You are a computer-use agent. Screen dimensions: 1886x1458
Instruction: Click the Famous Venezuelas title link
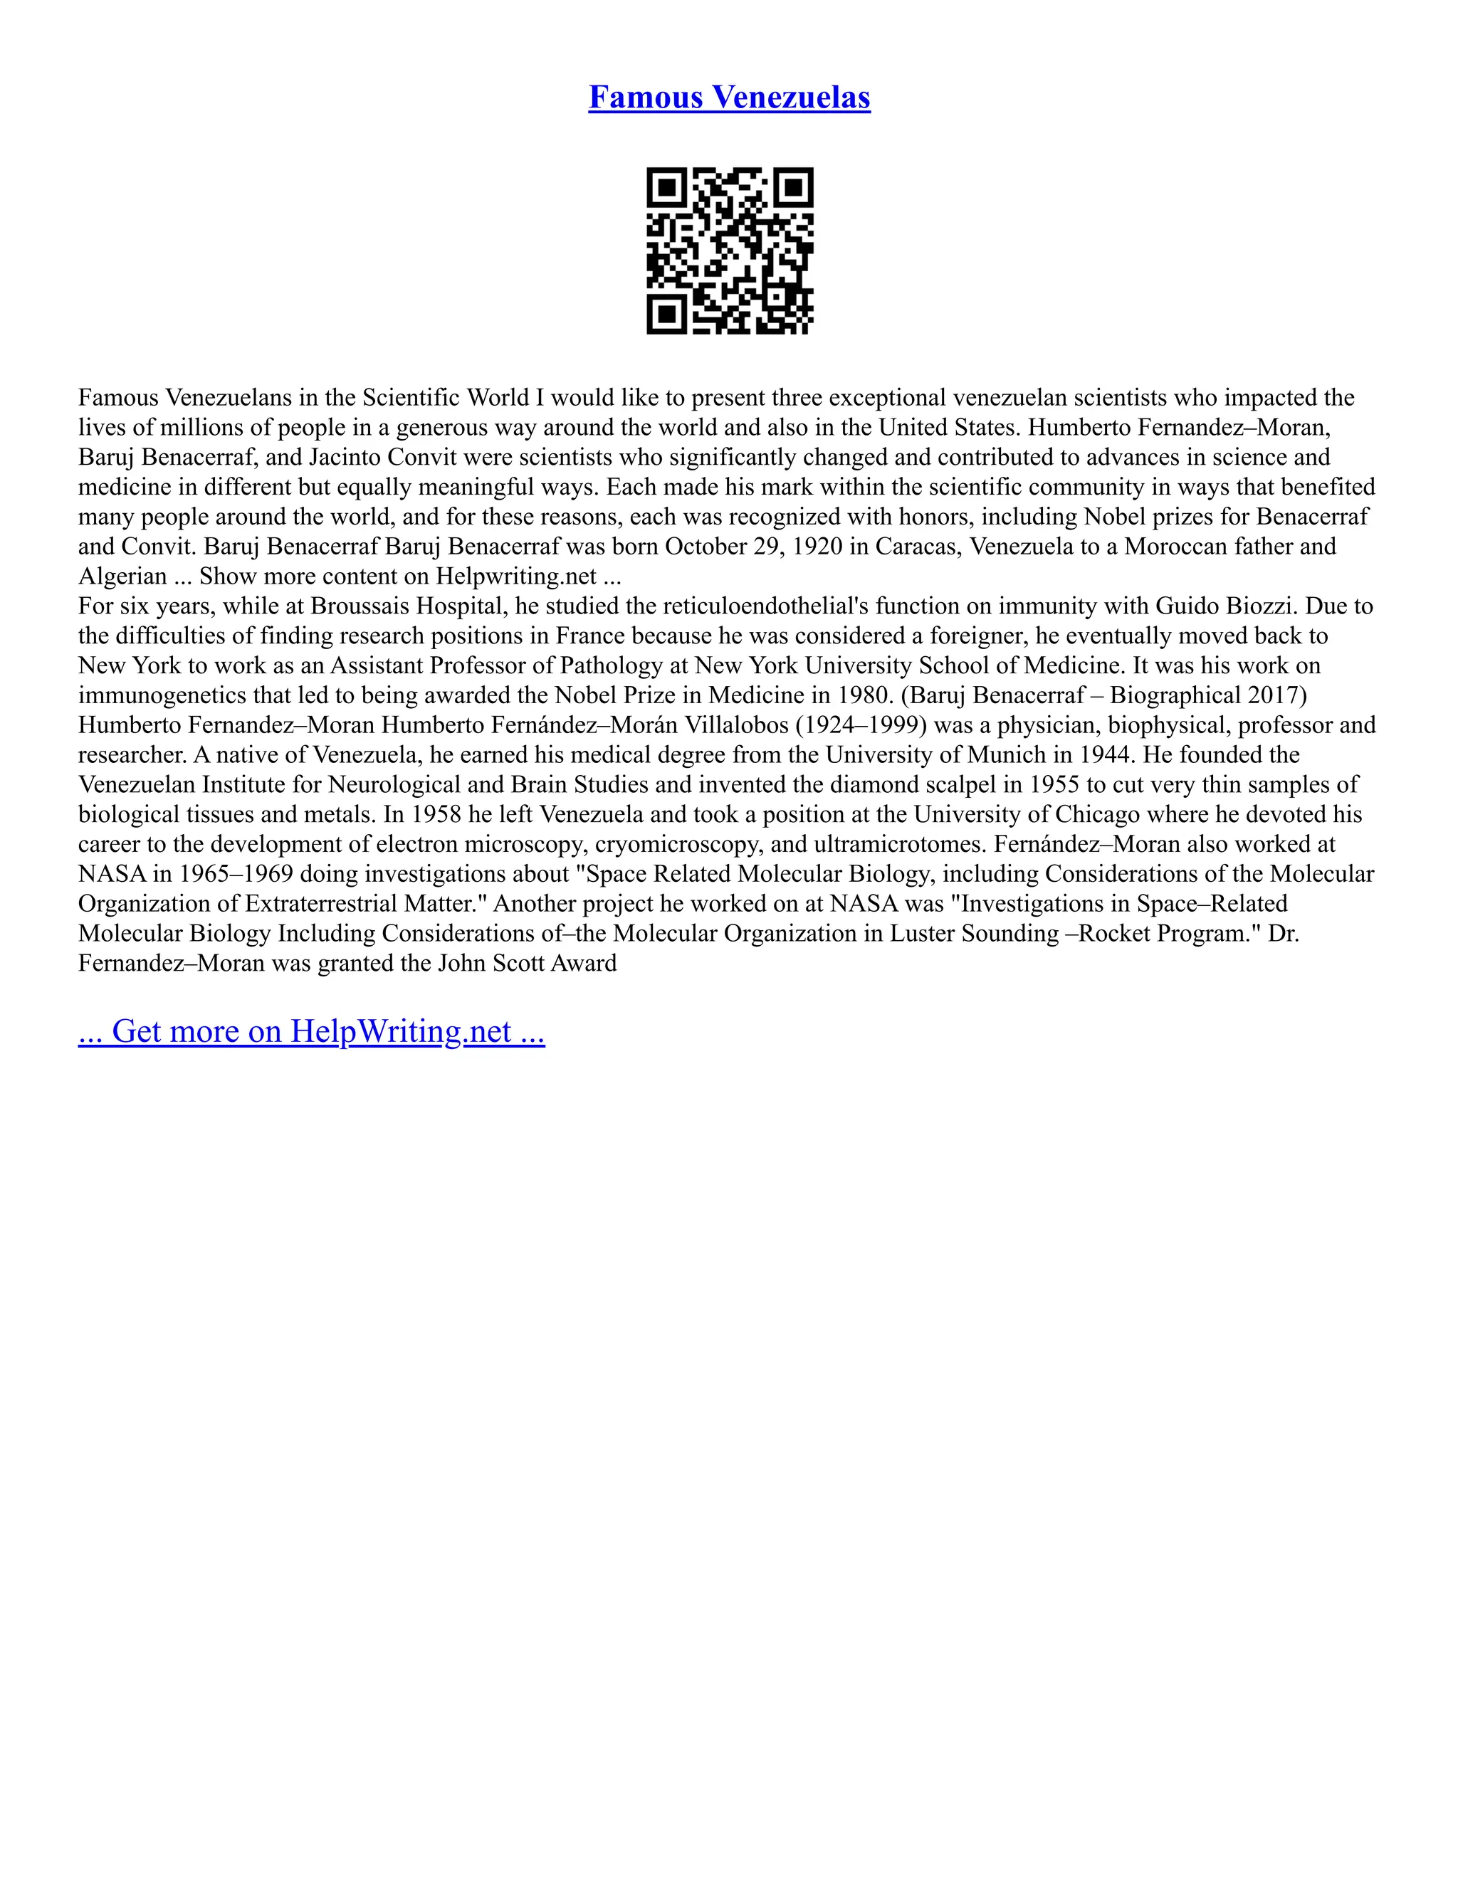729,98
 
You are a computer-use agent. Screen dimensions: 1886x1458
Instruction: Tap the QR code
730,251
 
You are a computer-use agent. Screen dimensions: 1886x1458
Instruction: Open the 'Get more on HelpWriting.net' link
311,1031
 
